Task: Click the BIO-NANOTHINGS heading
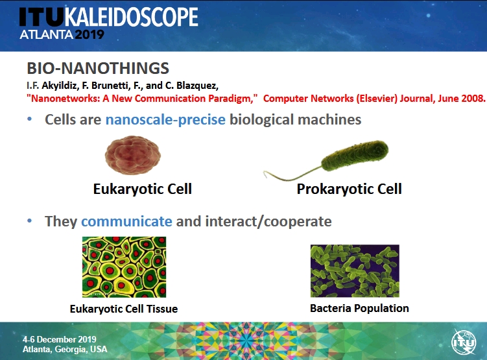98,68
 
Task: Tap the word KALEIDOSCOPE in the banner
131,17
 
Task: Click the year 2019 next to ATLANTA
89,34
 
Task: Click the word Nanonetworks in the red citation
65,99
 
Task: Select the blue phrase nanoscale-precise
165,119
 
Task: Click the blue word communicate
126,221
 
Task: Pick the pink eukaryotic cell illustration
133,155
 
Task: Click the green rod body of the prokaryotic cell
355,155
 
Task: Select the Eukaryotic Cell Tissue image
125,267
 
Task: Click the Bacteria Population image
355,271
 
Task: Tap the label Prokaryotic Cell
349,189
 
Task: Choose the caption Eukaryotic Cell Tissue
124,309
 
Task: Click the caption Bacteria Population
359,308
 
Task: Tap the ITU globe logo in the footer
464,342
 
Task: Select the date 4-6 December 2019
59,339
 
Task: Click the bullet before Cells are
30,119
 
